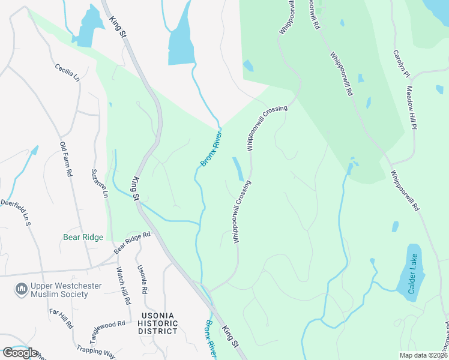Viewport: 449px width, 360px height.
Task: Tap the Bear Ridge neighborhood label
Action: pyautogui.click(x=83, y=237)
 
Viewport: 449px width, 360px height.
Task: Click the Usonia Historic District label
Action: pyautogui.click(x=160, y=323)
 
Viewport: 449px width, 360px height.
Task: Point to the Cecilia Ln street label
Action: pyautogui.click(x=67, y=72)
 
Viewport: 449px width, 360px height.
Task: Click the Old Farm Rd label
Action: pyautogui.click(x=65, y=159)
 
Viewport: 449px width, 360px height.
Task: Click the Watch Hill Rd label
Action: pyautogui.click(x=124, y=286)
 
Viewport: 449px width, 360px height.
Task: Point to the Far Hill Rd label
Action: pyautogui.click(x=61, y=319)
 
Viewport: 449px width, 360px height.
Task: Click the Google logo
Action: pyautogui.click(x=19, y=353)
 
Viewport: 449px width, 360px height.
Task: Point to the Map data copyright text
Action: pyautogui.click(x=423, y=355)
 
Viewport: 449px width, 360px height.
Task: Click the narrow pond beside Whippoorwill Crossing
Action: pyautogui.click(x=238, y=169)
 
